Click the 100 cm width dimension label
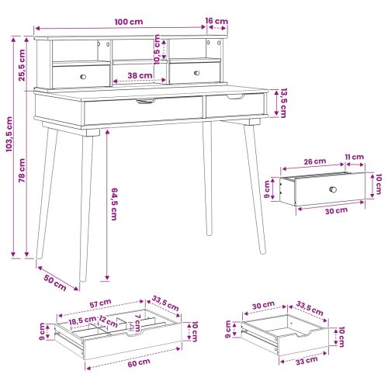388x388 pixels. (x=129, y=22)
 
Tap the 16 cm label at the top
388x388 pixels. (x=217, y=21)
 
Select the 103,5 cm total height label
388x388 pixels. (x=9, y=134)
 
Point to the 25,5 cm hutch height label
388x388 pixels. (x=22, y=65)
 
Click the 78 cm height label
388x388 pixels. (x=22, y=171)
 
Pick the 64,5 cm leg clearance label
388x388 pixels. (x=114, y=204)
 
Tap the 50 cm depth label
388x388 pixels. (x=55, y=282)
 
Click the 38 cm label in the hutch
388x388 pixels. (x=140, y=75)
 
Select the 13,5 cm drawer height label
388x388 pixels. (x=283, y=103)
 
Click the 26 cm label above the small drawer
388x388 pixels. (x=315, y=161)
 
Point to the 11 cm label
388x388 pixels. (x=355, y=157)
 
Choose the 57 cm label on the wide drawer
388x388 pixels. (x=101, y=303)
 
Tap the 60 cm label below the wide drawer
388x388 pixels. (x=139, y=362)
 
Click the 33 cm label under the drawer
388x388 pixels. (x=307, y=361)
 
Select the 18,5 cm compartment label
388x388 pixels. (x=82, y=320)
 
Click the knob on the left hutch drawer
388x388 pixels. (x=83, y=77)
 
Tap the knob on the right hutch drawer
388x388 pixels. (x=197, y=73)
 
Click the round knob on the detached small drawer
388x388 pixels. (x=333, y=189)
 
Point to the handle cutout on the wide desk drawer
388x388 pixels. (x=146, y=101)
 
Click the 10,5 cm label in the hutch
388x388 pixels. (x=157, y=50)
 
